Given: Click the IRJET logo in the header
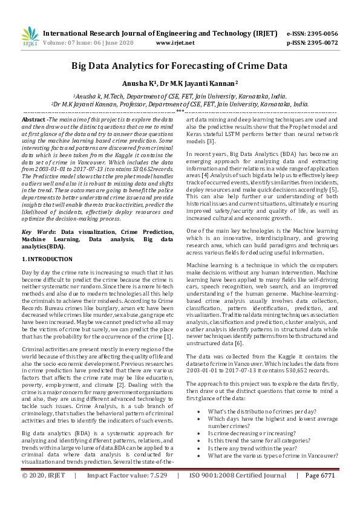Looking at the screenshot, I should pos(29,37).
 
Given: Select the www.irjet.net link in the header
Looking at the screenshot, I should pos(175,43).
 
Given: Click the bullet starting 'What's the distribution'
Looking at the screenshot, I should pos(261,410).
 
